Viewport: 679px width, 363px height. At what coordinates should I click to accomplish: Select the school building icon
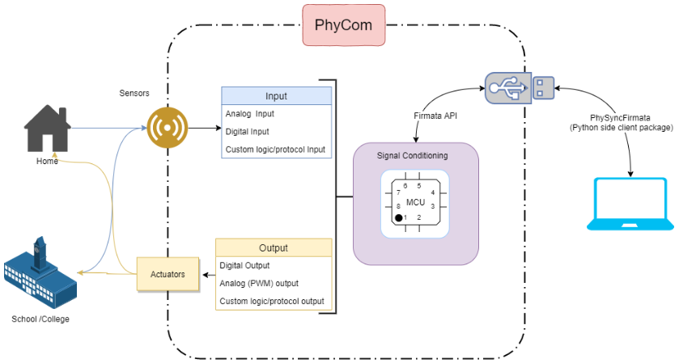(40, 273)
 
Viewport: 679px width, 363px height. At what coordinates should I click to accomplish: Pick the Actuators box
(167, 274)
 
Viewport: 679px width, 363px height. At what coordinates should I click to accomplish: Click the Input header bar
(276, 96)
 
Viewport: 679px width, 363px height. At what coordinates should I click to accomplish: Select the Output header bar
(273, 247)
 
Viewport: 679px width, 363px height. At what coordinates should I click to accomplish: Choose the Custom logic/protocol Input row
(276, 148)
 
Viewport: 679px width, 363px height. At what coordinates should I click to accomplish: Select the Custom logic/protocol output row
(273, 302)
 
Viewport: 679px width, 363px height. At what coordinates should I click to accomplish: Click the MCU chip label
(415, 201)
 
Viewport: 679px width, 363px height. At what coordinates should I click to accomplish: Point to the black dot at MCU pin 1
(398, 218)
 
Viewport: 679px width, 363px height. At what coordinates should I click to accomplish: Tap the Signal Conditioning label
(413, 155)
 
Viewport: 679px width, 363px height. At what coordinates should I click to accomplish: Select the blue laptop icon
(632, 207)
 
